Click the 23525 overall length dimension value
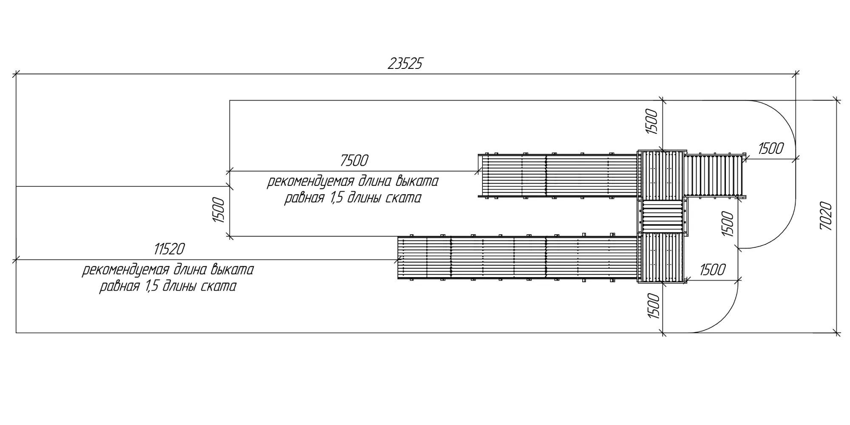[405, 64]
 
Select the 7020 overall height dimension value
[826, 216]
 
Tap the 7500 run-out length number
[354, 161]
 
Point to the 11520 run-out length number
[169, 249]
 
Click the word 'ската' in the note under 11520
[218, 286]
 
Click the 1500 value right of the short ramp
[771, 149]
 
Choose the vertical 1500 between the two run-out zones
[218, 210]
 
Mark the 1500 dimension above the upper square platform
[652, 122]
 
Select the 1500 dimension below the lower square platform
[653, 306]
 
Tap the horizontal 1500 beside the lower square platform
[712, 269]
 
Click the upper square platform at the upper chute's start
[662, 175]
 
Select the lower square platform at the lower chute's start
[662, 258]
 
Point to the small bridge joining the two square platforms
[663, 216]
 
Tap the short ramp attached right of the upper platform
[714, 175]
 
